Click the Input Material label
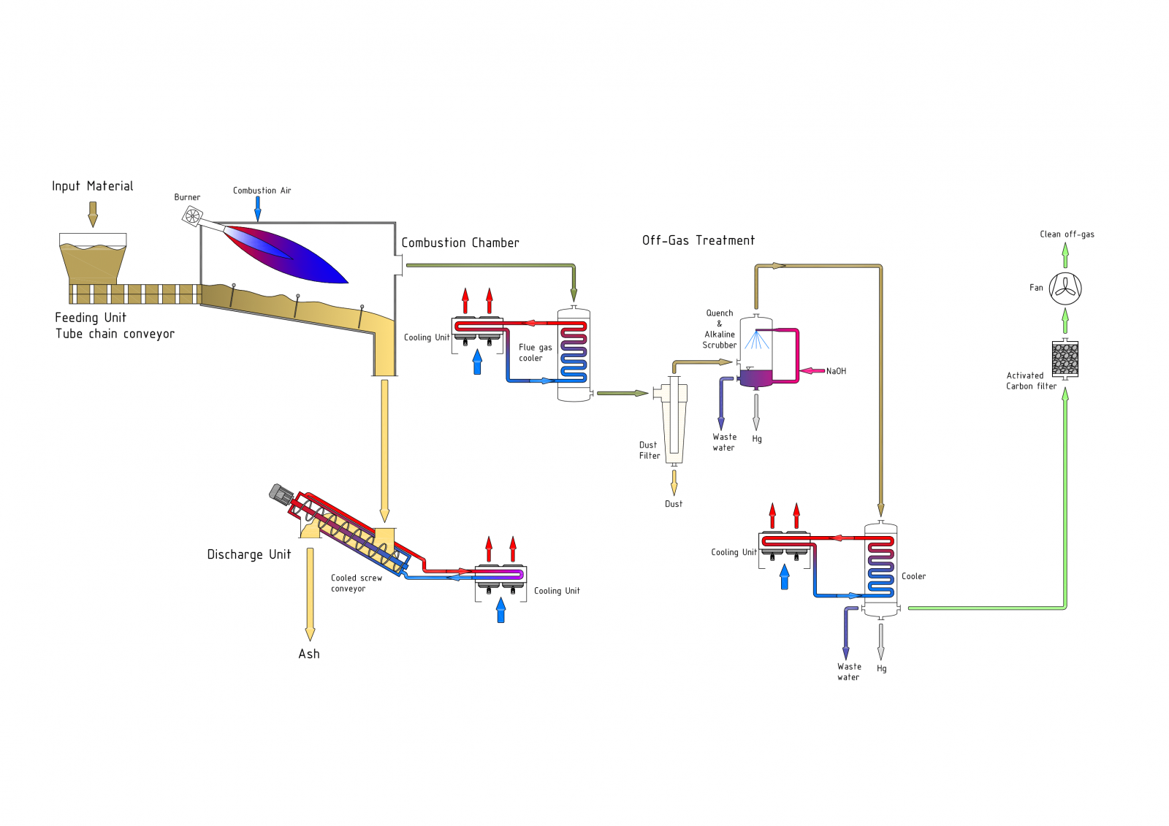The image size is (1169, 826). click(92, 186)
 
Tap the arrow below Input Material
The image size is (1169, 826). click(93, 214)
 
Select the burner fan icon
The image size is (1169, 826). click(192, 215)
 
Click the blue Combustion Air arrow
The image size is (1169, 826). click(258, 209)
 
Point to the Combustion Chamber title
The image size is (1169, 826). click(460, 243)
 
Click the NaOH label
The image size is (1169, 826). click(836, 371)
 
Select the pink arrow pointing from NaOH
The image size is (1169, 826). click(812, 371)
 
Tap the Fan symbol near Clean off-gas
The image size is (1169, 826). click(1065, 288)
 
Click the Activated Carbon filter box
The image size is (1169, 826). click(1065, 359)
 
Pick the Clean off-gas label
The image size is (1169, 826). click(1067, 234)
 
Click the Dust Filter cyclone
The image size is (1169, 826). click(674, 420)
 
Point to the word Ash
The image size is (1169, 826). click(309, 654)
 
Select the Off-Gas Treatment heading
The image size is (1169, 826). click(698, 240)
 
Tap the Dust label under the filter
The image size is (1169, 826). click(674, 504)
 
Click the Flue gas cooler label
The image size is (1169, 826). click(535, 353)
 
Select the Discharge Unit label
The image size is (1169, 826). click(249, 555)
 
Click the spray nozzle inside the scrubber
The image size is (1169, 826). click(757, 333)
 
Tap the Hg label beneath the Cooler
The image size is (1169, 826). click(882, 668)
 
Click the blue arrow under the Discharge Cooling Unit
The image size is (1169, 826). click(500, 611)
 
